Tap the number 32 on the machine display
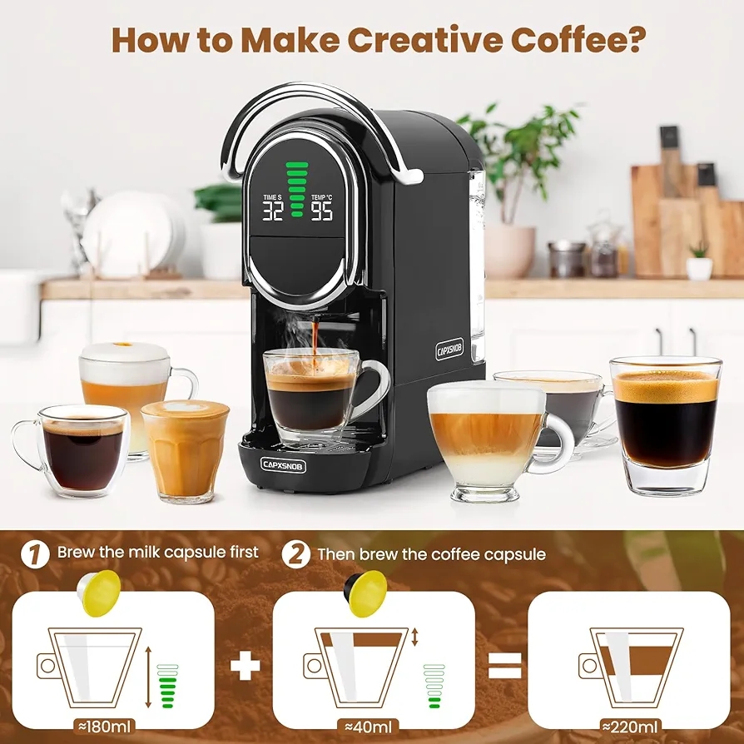point(273,211)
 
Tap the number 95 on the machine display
point(322,211)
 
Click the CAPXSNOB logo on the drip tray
point(282,465)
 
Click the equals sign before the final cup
point(504,665)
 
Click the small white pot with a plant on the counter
point(699,265)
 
